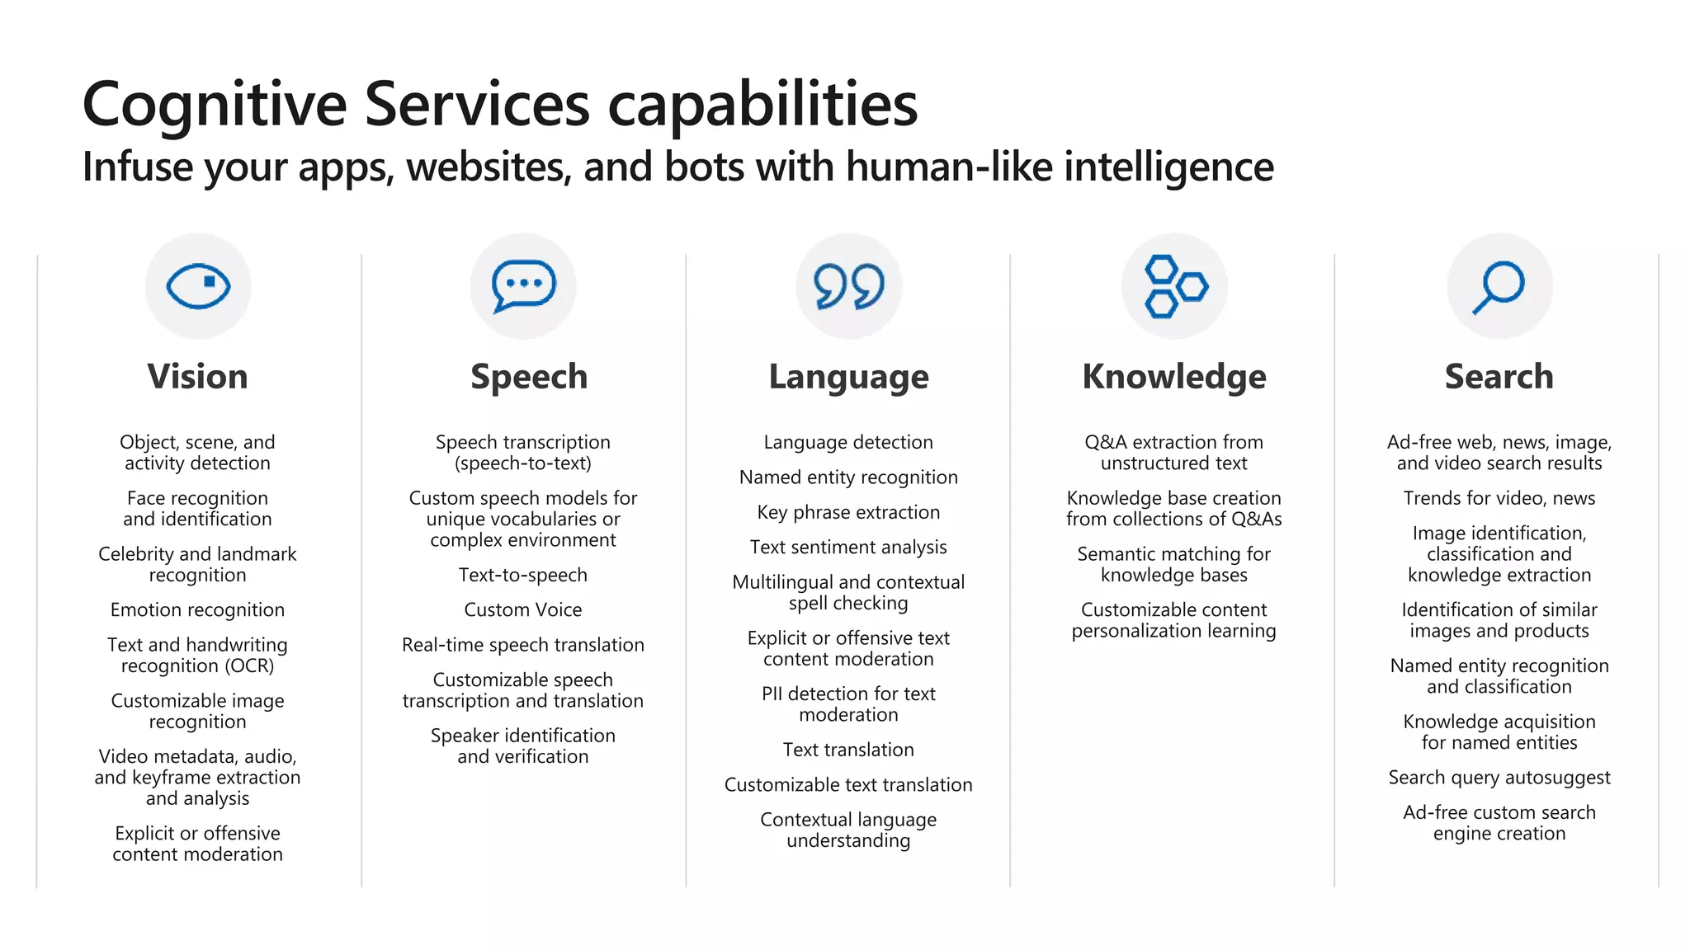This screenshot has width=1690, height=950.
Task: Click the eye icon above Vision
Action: pyautogui.click(x=198, y=286)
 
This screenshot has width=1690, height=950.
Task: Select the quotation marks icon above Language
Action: pyautogui.click(x=848, y=286)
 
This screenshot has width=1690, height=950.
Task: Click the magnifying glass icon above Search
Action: pyautogui.click(x=1499, y=286)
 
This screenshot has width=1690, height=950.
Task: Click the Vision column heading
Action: pyautogui.click(x=197, y=376)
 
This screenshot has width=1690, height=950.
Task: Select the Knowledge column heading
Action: pyautogui.click(x=1173, y=376)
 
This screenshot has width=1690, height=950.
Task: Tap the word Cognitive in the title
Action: pyautogui.click(x=215, y=106)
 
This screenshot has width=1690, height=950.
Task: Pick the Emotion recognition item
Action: pyautogui.click(x=197, y=609)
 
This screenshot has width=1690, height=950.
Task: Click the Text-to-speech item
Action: pyautogui.click(x=523, y=575)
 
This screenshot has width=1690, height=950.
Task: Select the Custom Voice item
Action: pyautogui.click(x=523, y=609)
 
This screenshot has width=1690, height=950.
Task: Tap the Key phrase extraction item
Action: pyautogui.click(x=848, y=512)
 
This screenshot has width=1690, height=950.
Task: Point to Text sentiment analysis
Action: pyautogui.click(x=848, y=547)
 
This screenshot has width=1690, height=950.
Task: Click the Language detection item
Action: pyautogui.click(x=848, y=442)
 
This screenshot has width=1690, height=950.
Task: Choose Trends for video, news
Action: pyautogui.click(x=1499, y=498)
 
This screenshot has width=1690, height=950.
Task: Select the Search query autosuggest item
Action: pyautogui.click(x=1499, y=778)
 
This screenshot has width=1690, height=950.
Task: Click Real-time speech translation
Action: pyautogui.click(x=523, y=645)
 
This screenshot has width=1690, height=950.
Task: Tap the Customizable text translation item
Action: pyautogui.click(x=848, y=784)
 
